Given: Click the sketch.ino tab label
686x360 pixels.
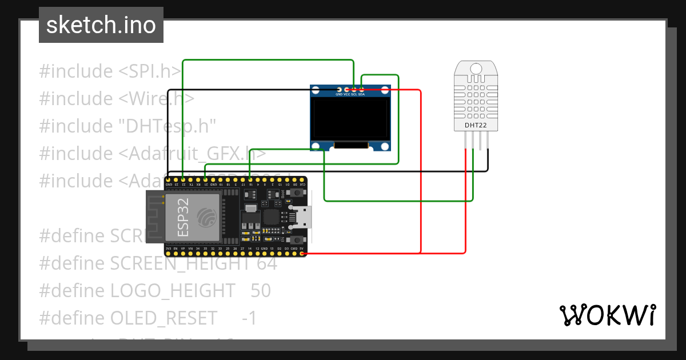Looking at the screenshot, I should pos(101,25).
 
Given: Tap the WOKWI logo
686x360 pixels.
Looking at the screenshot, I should pos(607,315).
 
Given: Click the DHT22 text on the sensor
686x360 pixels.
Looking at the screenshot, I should pos(476,125).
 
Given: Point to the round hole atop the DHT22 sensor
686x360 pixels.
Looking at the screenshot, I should pos(476,69).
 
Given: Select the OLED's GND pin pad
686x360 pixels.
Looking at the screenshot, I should pos(340,89).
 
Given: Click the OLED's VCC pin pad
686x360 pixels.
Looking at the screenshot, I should pos(347,89).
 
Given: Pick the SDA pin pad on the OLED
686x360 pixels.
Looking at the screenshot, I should pos(362,89).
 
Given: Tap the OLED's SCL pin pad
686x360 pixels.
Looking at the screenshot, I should pos(354,89).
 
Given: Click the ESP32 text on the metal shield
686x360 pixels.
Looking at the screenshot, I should pos(184,218).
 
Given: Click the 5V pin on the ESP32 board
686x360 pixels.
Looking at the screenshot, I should pos(302,253).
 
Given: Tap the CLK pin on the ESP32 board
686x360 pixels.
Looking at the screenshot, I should pos(302,181).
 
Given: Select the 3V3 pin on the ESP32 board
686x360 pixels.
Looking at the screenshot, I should pos(168,253).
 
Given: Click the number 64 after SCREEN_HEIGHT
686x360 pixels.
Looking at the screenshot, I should pos(266,263).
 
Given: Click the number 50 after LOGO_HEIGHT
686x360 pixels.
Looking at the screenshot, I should pos(261,290).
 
